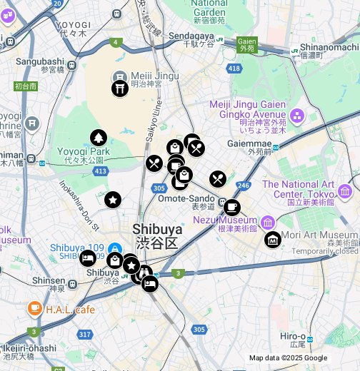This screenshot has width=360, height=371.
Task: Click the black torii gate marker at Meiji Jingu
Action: click(x=119, y=88)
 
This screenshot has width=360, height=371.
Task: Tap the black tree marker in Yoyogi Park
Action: click(x=99, y=138)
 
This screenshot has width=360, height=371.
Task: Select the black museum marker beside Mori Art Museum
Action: click(x=273, y=240)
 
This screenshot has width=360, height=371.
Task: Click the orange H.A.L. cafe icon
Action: click(x=34, y=309)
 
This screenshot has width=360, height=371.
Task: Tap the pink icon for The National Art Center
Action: click(x=345, y=190)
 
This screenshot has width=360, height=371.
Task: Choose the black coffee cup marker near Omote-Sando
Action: click(x=231, y=207)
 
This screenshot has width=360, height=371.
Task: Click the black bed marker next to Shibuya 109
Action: click(x=88, y=258)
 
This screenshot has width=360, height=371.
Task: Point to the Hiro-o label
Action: click(x=293, y=336)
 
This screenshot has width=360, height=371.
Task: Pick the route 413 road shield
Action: click(x=100, y=171)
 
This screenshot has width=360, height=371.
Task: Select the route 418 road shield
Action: click(x=234, y=68)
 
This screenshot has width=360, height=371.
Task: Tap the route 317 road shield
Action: click(x=85, y=334)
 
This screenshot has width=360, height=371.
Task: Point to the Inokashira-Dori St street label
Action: click(x=79, y=205)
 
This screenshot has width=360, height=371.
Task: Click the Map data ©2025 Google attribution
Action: click(x=288, y=358)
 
